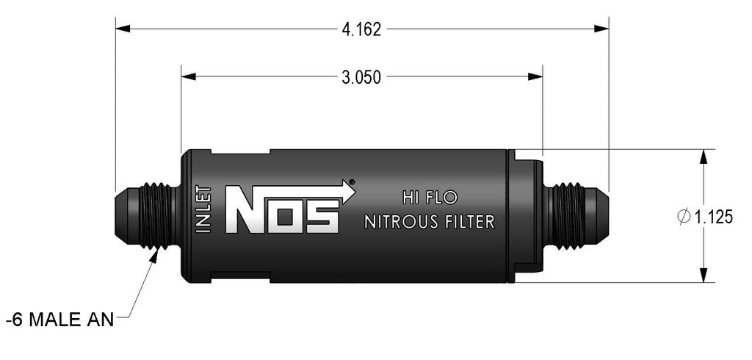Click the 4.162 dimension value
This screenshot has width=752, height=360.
(361, 29)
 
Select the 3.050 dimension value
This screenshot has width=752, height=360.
(361, 76)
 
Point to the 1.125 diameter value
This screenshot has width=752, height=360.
(713, 217)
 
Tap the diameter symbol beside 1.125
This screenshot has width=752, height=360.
(683, 217)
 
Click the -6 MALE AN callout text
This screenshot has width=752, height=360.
(59, 320)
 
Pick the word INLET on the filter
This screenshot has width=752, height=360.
(205, 210)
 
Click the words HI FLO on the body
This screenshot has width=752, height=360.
(430, 197)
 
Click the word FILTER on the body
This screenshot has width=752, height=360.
(468, 222)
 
